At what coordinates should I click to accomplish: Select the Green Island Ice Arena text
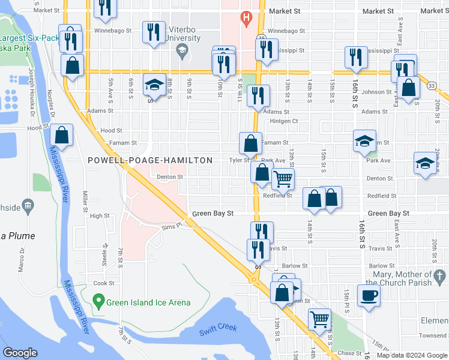click(148, 302)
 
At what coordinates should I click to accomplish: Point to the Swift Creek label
click(218, 328)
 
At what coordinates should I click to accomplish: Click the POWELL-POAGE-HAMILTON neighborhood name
click(150, 160)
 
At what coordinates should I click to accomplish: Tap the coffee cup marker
click(369, 295)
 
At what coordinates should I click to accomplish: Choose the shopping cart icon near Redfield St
click(283, 178)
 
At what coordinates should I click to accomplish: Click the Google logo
click(20, 353)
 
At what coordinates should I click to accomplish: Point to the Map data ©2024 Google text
click(412, 355)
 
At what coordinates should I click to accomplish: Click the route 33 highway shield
click(432, 86)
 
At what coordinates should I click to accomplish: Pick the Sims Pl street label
click(172, 227)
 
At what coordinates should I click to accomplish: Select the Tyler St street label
click(239, 161)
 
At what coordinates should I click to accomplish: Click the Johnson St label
click(380, 92)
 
